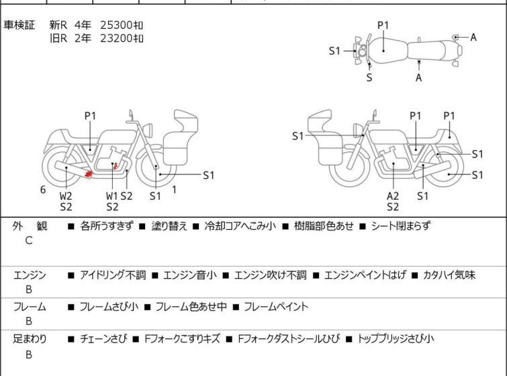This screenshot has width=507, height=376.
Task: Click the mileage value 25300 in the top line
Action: [116, 25]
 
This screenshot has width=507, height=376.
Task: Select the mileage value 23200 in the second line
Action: [116, 38]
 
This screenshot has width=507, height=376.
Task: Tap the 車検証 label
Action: [19, 25]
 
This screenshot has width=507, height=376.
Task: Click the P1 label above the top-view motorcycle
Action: [383, 25]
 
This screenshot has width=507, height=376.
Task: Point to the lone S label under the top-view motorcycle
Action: [369, 78]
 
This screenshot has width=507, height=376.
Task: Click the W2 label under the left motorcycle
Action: [66, 196]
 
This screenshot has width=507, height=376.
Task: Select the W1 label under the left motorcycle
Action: [112, 196]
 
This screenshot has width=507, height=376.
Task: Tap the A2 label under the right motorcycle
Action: [393, 196]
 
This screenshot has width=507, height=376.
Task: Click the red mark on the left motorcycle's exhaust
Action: [88, 174]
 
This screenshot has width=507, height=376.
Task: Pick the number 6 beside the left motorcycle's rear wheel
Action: [43, 190]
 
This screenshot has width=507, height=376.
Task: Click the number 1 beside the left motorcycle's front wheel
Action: [175, 190]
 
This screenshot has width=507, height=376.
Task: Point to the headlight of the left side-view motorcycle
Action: [148, 130]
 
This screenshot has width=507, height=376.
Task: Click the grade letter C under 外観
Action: [29, 241]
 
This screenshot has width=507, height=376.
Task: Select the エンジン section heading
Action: [30, 275]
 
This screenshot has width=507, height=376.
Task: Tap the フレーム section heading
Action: [30, 306]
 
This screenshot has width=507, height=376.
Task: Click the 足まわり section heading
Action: [30, 339]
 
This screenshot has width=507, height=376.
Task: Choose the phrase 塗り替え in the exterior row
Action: [169, 226]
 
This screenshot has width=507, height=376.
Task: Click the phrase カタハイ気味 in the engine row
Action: [449, 275]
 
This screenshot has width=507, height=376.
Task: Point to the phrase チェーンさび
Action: [103, 339]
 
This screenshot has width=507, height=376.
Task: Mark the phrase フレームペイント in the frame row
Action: [276, 306]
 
